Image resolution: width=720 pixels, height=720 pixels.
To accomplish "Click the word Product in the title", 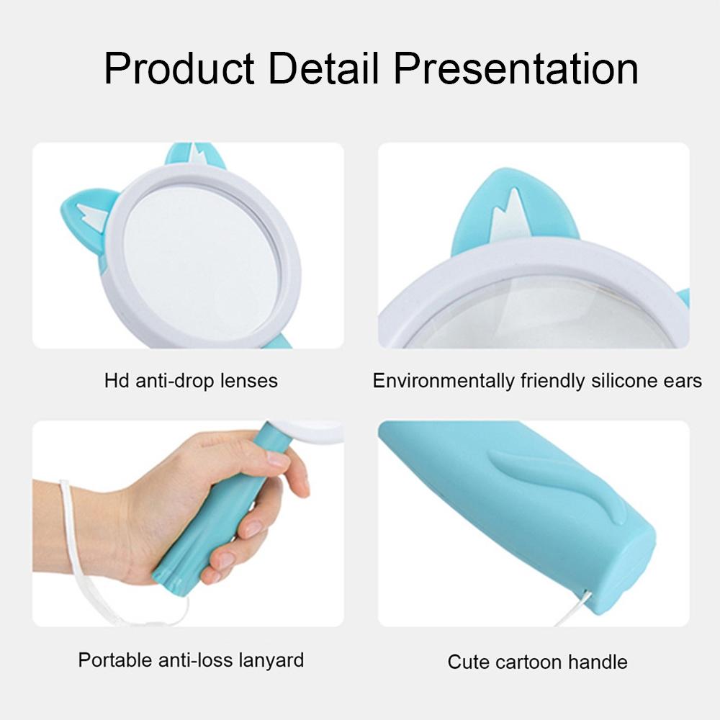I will tap(179, 69).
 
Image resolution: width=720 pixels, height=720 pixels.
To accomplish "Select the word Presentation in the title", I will tap(516, 69).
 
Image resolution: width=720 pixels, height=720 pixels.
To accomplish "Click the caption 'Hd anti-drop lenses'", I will tap(191, 380).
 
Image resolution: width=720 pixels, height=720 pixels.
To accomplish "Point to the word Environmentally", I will tap(444, 381).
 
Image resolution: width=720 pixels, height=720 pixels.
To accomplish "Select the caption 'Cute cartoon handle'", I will tap(537, 662).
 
